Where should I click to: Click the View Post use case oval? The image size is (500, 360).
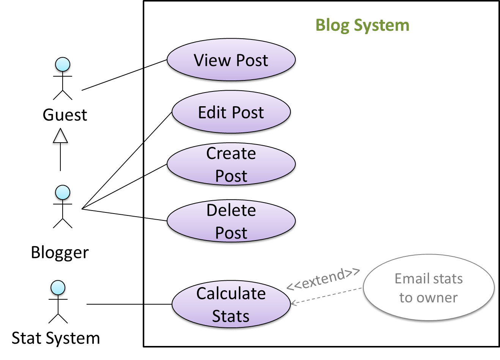[x=231, y=61]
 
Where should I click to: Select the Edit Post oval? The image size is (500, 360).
[x=231, y=113]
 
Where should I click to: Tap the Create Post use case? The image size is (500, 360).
[x=231, y=165]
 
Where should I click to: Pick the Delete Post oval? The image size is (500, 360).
[x=231, y=222]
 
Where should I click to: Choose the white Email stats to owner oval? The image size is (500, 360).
[x=429, y=288]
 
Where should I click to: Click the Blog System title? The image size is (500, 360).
[x=363, y=26]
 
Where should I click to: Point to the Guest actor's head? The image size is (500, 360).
[x=63, y=65]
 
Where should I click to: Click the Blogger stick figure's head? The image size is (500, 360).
[x=63, y=193]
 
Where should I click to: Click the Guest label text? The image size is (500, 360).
[x=65, y=115]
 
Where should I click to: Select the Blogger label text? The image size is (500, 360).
[x=60, y=253]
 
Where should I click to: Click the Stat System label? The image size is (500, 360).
[x=55, y=338]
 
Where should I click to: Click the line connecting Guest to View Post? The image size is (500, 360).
[x=123, y=75]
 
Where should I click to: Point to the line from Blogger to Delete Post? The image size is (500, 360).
[x=123, y=215]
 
